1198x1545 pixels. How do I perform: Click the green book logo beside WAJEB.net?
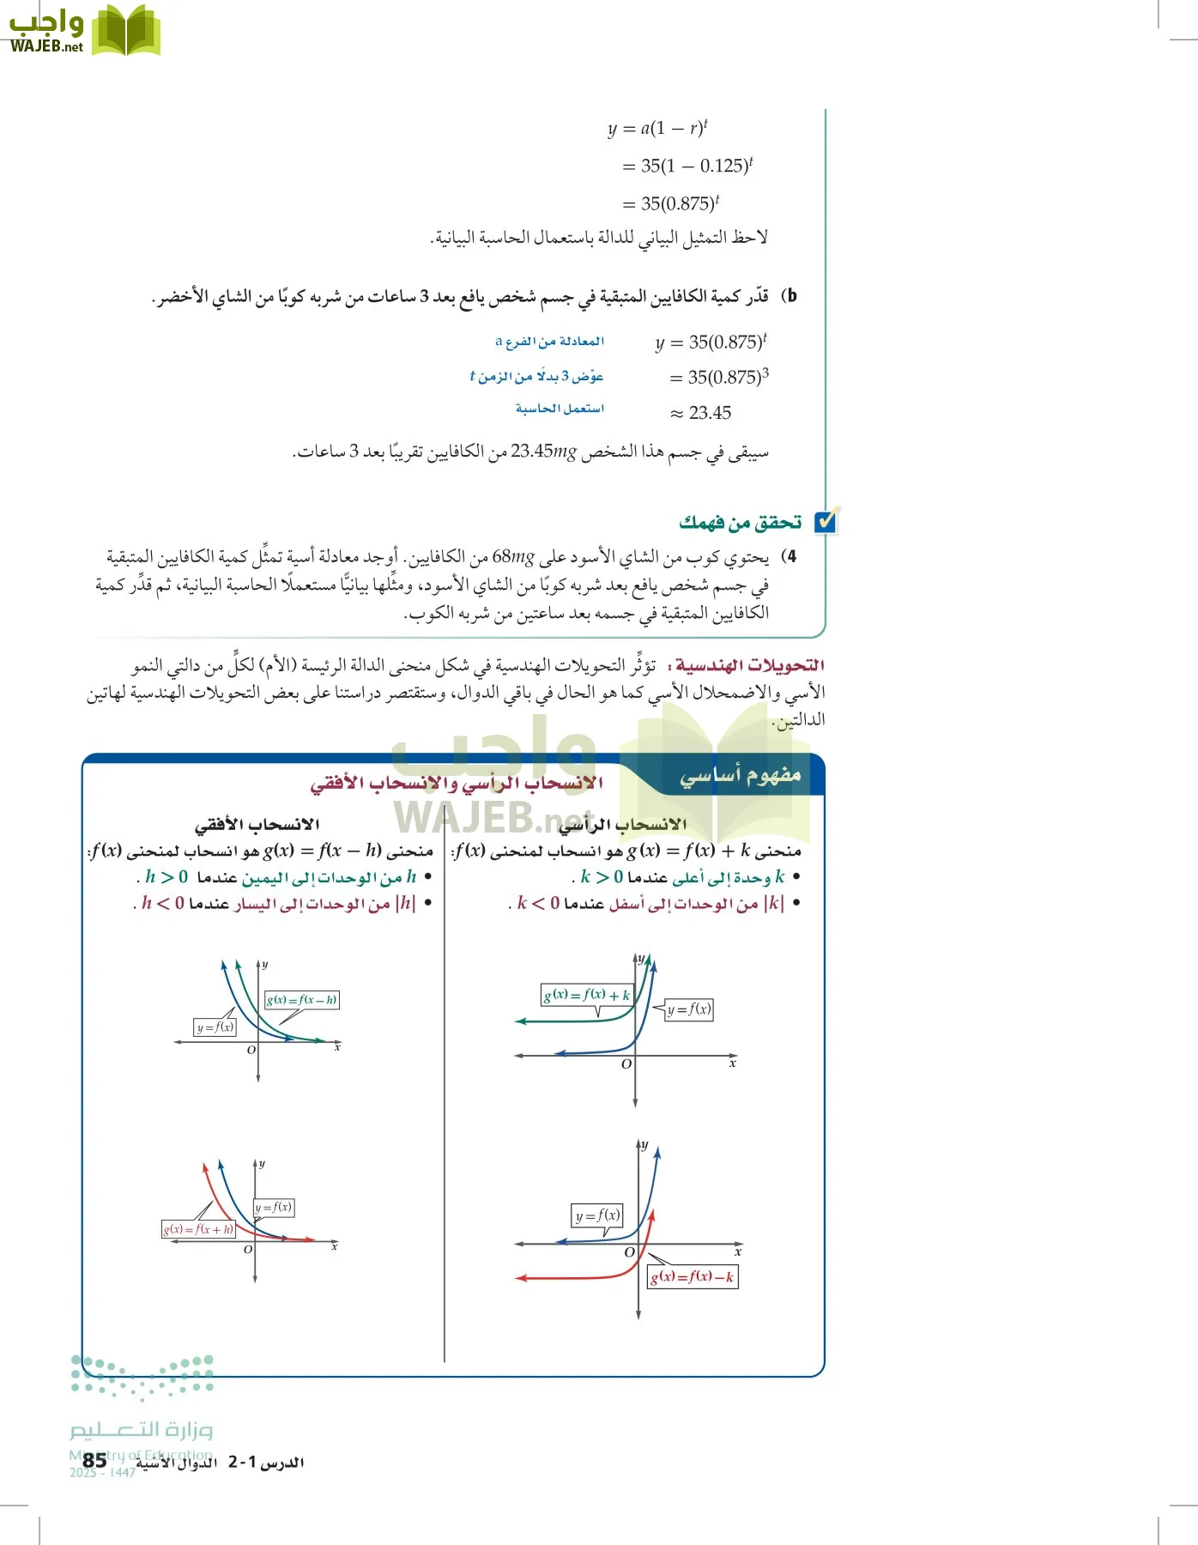125,31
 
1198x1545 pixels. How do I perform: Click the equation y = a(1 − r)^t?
657,129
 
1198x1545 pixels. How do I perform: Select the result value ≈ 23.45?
701,413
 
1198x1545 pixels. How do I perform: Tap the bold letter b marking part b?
791,296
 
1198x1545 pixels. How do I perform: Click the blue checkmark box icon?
826,521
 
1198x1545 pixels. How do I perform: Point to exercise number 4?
790,556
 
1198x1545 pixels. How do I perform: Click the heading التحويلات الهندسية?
750,665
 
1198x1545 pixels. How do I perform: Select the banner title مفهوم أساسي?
740,775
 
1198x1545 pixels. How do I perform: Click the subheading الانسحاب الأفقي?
257,825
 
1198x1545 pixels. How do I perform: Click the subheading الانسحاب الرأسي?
623,825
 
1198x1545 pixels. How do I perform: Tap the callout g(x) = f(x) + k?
587,995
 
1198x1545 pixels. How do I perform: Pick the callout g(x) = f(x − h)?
301,1000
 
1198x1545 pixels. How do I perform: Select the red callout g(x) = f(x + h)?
198,1229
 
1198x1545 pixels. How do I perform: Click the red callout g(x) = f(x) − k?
692,1276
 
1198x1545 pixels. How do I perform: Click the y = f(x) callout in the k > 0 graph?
689,1009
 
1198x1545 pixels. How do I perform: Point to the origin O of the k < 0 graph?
629,1252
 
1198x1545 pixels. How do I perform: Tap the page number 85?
94,1460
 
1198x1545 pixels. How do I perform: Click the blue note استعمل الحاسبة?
560,409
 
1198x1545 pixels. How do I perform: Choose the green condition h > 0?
166,877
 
